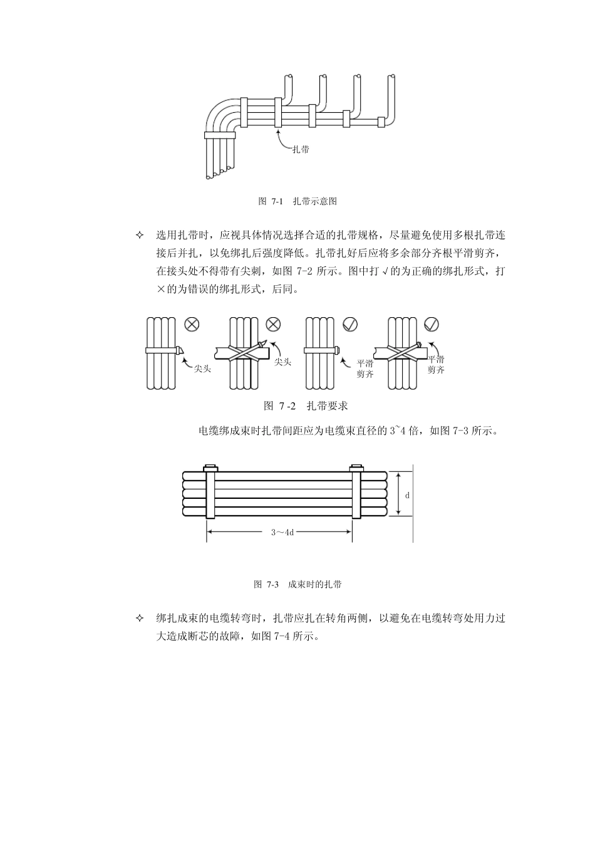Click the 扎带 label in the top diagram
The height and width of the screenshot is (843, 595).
coord(302,149)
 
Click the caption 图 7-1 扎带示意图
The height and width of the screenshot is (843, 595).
coord(297,201)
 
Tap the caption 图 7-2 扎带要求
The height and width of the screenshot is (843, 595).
coord(306,406)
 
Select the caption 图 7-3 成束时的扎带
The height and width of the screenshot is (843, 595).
coord(297,584)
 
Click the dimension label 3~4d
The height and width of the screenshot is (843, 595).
coord(282,532)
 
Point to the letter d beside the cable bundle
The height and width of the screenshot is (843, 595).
coord(407,495)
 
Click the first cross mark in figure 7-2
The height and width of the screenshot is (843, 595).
coord(192,324)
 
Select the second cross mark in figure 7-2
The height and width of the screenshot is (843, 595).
coord(273,324)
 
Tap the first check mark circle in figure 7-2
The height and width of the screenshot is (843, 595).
coord(350,324)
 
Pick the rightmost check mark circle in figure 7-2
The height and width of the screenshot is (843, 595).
coord(432,324)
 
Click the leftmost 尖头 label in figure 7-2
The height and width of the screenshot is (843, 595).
coord(202,369)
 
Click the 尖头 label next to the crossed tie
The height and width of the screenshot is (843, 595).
coord(283,362)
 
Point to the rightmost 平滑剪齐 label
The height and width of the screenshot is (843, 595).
coord(437,365)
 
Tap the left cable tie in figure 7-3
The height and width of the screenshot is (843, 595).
coord(210,492)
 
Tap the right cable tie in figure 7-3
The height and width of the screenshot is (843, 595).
coord(357,492)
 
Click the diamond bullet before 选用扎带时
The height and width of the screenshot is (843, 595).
coord(140,236)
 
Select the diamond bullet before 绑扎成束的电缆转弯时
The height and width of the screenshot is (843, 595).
coord(140,619)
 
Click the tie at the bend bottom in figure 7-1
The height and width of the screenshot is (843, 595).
coord(219,135)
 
